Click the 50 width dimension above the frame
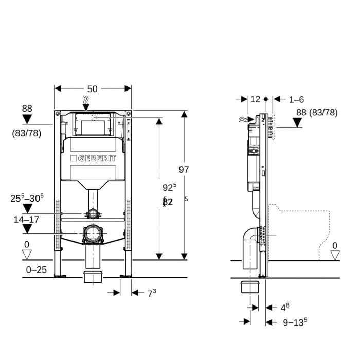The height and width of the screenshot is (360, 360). [92, 89]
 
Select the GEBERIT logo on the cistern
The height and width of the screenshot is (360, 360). [93, 158]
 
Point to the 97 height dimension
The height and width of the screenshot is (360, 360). [184, 170]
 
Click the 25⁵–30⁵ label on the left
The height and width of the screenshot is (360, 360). [27, 197]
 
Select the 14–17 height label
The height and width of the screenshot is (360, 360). [26, 219]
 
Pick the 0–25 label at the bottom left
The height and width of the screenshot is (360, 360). [37, 269]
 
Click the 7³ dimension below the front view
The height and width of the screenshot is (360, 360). [151, 293]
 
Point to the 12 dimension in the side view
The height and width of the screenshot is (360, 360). [255, 99]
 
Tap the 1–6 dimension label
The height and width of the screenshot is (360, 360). [296, 99]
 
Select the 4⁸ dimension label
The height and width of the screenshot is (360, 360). [284, 308]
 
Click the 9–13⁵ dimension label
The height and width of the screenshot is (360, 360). [295, 322]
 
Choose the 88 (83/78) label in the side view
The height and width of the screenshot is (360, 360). [317, 112]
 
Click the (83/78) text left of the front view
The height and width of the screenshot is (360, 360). [27, 133]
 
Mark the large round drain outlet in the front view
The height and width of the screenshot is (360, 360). [93, 234]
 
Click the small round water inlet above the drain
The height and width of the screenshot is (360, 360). [93, 213]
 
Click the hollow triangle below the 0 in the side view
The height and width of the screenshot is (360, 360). [335, 255]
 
